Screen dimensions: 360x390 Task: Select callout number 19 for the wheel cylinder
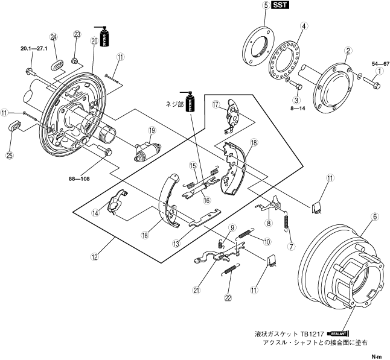152,130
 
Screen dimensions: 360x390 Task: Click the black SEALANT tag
339,332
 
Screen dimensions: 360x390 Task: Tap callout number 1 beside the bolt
380,71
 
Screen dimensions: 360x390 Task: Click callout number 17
214,104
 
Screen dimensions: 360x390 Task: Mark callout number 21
196,290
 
